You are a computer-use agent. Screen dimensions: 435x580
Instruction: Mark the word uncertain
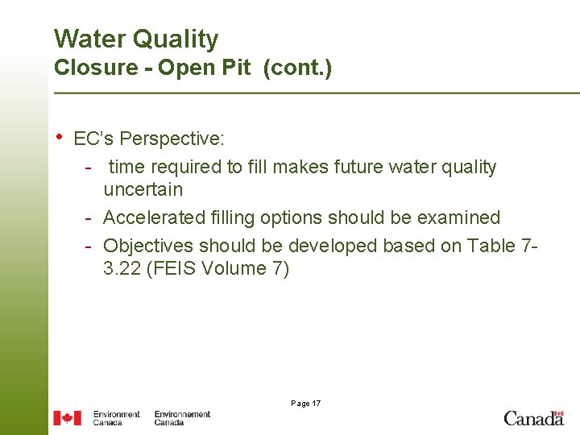tap(143, 190)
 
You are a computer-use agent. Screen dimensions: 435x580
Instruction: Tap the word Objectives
tap(149, 245)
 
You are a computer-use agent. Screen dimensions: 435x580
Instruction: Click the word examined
tap(462, 217)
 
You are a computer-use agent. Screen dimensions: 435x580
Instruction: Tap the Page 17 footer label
tap(304, 403)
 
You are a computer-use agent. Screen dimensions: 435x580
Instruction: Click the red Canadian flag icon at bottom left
tap(67, 417)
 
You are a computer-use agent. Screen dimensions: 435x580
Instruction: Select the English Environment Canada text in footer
tap(116, 417)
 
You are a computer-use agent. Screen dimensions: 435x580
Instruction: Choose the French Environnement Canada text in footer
tap(182, 417)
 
